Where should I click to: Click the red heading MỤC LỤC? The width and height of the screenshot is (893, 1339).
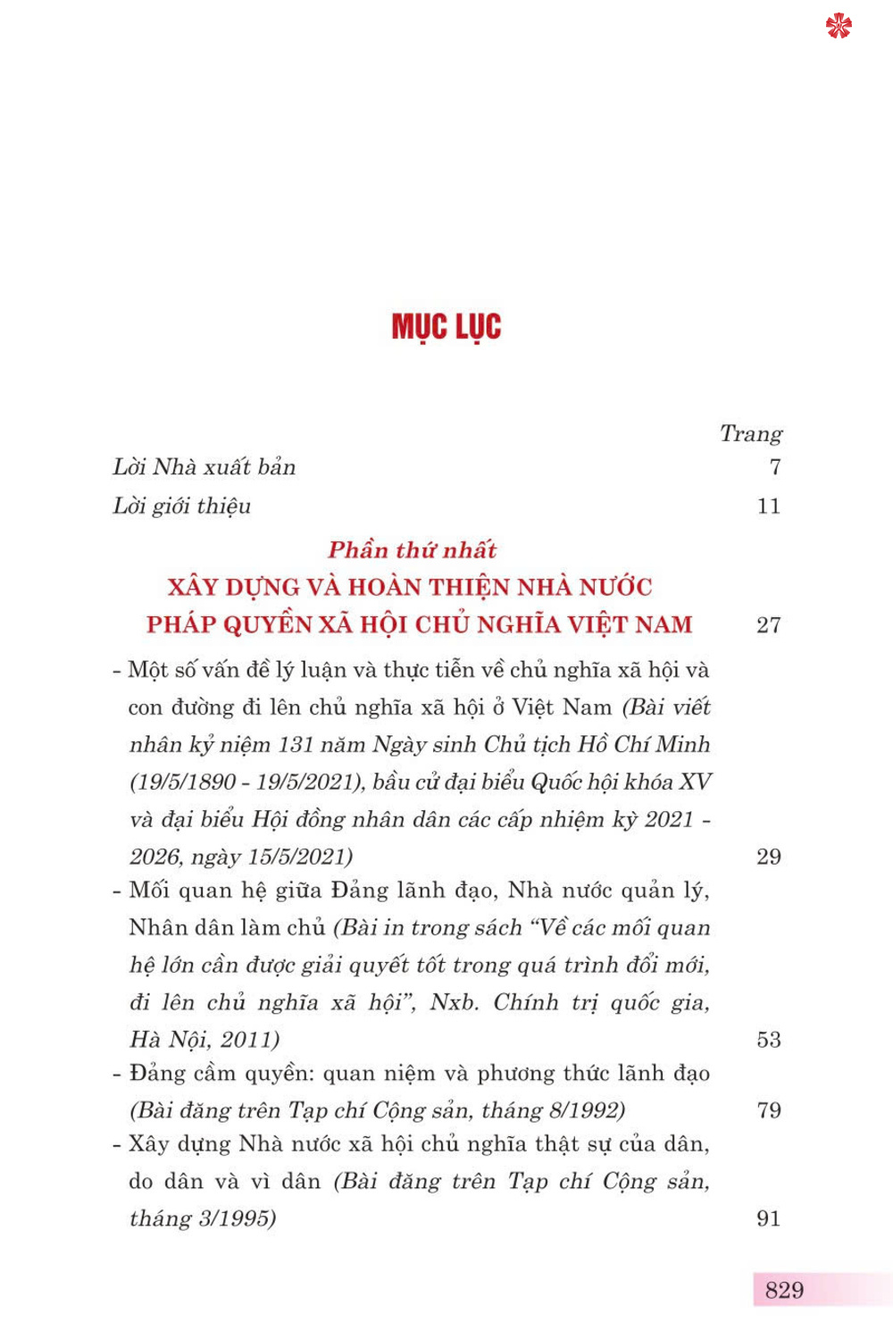point(446,327)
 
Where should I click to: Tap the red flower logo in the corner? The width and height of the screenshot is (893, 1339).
point(839,26)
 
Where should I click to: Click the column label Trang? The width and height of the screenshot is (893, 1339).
point(751,434)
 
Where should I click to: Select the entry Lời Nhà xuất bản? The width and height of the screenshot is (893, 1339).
point(204,467)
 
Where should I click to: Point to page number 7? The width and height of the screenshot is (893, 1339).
point(775,467)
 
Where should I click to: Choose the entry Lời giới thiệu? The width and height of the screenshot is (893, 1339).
point(182,506)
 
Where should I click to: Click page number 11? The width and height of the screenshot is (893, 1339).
point(769,506)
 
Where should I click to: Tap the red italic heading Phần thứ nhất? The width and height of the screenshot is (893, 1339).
point(412,550)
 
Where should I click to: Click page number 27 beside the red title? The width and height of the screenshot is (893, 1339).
point(769,625)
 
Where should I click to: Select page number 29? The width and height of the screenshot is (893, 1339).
point(769,857)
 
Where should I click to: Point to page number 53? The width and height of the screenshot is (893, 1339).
point(769,1040)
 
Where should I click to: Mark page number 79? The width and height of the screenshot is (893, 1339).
point(769,1110)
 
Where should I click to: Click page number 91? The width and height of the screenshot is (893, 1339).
point(769,1218)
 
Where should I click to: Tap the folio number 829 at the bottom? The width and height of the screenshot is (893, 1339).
point(784,1290)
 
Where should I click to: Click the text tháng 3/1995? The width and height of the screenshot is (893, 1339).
point(203,1219)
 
